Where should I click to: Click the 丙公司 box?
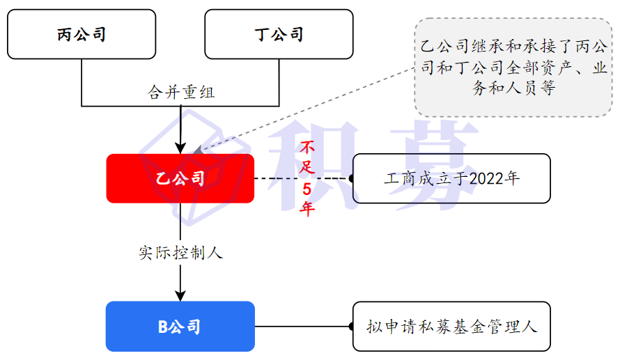pyautogui.click(x=82, y=34)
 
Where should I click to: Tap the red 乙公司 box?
pyautogui.click(x=180, y=179)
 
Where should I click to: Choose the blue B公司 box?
pyautogui.click(x=180, y=326)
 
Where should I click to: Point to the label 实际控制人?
pyautogui.click(x=180, y=253)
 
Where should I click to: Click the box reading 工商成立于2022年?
pyautogui.click(x=451, y=178)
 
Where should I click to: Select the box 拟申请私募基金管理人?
pyautogui.click(x=451, y=326)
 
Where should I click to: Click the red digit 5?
pyautogui.click(x=307, y=189)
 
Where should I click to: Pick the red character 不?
pyautogui.click(x=307, y=148)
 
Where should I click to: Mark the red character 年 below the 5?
pyautogui.click(x=307, y=208)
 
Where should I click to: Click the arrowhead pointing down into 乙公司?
pyautogui.click(x=180, y=147)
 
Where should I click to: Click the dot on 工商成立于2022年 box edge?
pyautogui.click(x=352, y=179)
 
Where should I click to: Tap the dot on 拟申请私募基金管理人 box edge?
pyautogui.click(x=352, y=326)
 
